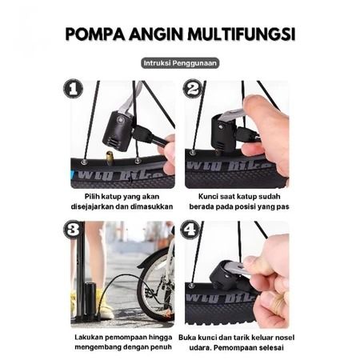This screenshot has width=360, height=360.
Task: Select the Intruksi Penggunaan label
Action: tap(180, 63)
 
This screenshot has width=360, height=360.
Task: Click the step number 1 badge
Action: tap(73, 89)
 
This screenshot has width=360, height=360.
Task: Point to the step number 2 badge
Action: tap(192, 89)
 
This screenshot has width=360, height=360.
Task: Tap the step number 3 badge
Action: tap(73, 230)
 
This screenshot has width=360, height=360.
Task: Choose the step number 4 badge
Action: tap(190, 230)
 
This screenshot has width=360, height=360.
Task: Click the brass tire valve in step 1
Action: tap(109, 156)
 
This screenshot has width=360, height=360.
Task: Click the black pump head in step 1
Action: tap(118, 130)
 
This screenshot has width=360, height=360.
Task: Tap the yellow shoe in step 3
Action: tap(105, 305)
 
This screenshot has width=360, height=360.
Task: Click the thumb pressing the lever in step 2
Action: tap(256, 106)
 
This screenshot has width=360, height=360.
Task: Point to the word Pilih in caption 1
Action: tap(91, 197)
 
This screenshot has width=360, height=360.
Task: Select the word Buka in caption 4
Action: tap(186, 338)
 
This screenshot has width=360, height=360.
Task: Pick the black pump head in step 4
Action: tap(226, 274)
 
